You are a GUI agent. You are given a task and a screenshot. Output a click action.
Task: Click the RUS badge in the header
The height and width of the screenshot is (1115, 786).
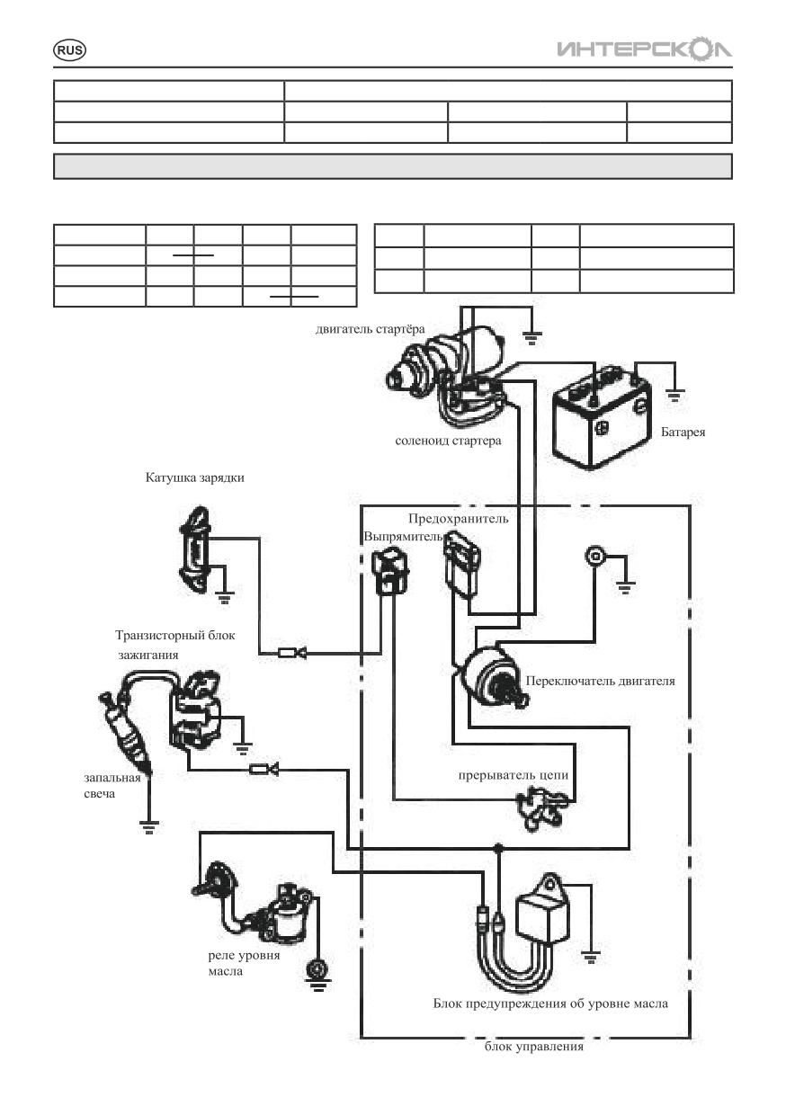(69, 50)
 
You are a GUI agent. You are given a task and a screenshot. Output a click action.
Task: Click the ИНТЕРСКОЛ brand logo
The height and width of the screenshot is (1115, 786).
(644, 48)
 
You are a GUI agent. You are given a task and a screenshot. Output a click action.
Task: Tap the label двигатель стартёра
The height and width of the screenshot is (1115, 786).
(370, 329)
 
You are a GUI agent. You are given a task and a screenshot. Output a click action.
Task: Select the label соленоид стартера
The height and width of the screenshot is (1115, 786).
(448, 441)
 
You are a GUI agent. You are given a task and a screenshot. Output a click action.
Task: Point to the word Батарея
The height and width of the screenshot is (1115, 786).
(683, 432)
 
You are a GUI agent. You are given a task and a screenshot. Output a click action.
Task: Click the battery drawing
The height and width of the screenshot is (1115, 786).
(602, 416)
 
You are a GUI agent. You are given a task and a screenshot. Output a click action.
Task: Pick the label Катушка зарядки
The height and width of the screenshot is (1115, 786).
(194, 477)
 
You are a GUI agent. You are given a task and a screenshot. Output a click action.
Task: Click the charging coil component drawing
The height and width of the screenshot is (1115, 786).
(194, 549)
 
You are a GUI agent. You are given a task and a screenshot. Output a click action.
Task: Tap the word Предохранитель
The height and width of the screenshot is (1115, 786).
(458, 519)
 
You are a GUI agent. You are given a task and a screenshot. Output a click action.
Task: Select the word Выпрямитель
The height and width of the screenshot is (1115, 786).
(403, 537)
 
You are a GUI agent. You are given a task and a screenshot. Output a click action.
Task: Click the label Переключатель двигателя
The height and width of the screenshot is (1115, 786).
(601, 681)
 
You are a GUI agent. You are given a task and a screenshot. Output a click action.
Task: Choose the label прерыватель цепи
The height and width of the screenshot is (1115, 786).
(514, 775)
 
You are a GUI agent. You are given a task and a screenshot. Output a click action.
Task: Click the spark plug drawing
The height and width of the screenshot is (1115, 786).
(125, 732)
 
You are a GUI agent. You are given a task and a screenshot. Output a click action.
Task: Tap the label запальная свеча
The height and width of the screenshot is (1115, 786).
(112, 786)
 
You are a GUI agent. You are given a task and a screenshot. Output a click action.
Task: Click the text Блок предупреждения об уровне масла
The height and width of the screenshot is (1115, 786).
(550, 1003)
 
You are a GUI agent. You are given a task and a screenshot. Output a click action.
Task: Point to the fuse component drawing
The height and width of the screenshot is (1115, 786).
(462, 564)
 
